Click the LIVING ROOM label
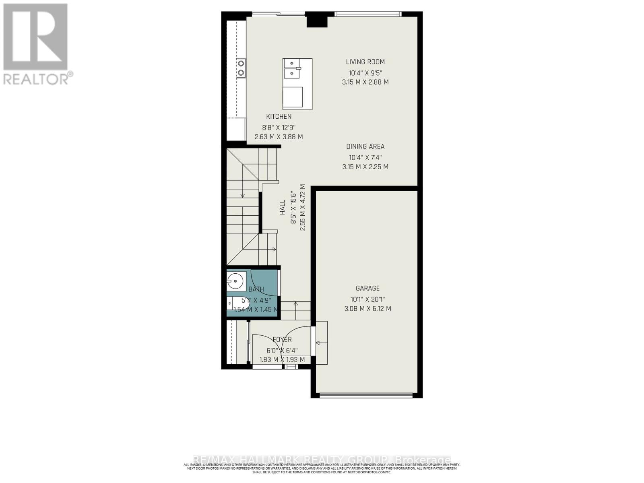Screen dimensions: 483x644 click(x=365, y=62)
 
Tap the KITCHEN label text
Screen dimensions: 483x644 click(x=279, y=116)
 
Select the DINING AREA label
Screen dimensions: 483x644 click(x=365, y=147)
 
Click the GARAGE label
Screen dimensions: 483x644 click(x=367, y=288)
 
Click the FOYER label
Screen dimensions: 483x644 click(x=282, y=340)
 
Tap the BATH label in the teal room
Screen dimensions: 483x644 click(x=256, y=289)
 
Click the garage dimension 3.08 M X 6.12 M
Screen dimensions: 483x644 click(x=367, y=309)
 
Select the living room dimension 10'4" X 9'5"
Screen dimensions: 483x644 click(x=365, y=73)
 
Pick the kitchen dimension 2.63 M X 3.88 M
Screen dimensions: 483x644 click(x=279, y=137)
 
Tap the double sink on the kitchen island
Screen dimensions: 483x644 click(x=291, y=69)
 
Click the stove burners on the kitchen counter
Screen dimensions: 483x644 click(x=241, y=68)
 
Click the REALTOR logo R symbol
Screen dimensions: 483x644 click(x=35, y=37)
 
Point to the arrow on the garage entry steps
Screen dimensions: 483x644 click(x=321, y=343)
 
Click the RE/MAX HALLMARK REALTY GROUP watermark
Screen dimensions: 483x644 click(x=322, y=460)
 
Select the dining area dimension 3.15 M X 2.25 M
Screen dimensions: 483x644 click(x=365, y=167)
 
